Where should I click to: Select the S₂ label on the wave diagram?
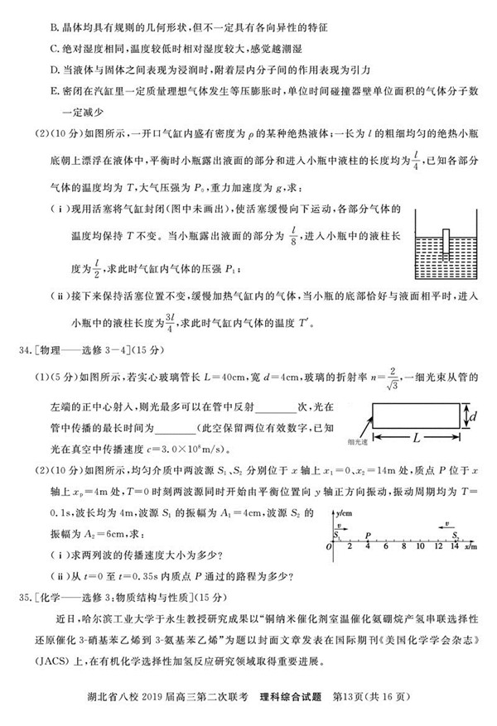(x=457, y=536)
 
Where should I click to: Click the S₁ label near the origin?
(x=336, y=536)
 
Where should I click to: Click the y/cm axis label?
(x=346, y=513)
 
